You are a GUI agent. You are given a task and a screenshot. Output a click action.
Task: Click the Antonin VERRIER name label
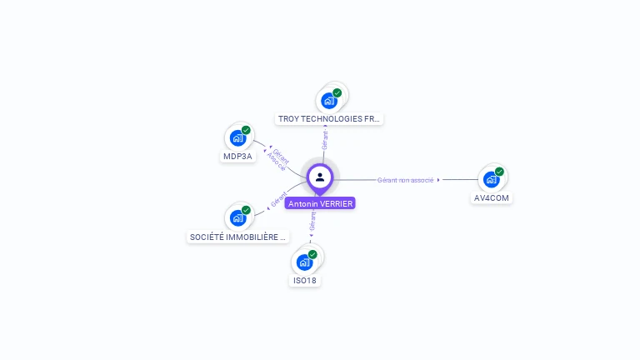pos(320,203)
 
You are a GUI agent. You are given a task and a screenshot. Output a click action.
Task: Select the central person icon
pos(320,177)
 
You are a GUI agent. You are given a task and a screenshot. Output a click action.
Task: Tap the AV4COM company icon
pos(492,179)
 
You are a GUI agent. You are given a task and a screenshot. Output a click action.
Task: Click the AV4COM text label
pos(492,198)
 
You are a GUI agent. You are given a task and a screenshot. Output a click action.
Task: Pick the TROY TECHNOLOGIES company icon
pos(329,101)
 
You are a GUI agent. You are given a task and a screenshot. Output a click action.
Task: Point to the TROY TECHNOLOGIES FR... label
pos(329,119)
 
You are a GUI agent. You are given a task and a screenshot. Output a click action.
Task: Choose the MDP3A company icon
pos(238,138)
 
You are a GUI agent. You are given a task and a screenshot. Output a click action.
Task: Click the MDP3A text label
pos(237,157)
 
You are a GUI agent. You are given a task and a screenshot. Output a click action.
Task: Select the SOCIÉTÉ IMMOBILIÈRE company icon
pos(238,218)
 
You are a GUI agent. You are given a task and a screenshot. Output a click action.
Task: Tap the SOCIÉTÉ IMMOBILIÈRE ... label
pos(237,237)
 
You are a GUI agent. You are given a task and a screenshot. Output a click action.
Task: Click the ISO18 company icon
pos(305,262)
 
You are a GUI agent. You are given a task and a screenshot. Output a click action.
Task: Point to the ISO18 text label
pos(305,281)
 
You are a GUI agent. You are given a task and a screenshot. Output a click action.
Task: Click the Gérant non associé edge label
pos(405,180)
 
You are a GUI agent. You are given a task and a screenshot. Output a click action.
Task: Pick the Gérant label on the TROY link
pos(325,139)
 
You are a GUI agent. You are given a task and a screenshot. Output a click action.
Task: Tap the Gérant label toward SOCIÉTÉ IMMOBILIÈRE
pos(278,201)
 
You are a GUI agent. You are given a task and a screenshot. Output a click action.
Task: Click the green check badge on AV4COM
pos(499,172)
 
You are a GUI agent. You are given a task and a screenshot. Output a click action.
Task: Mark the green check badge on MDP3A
pos(246,130)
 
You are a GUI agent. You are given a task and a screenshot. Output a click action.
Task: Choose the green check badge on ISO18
pos(312,254)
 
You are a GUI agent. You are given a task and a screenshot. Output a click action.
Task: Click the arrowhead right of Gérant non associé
pos(439,180)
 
